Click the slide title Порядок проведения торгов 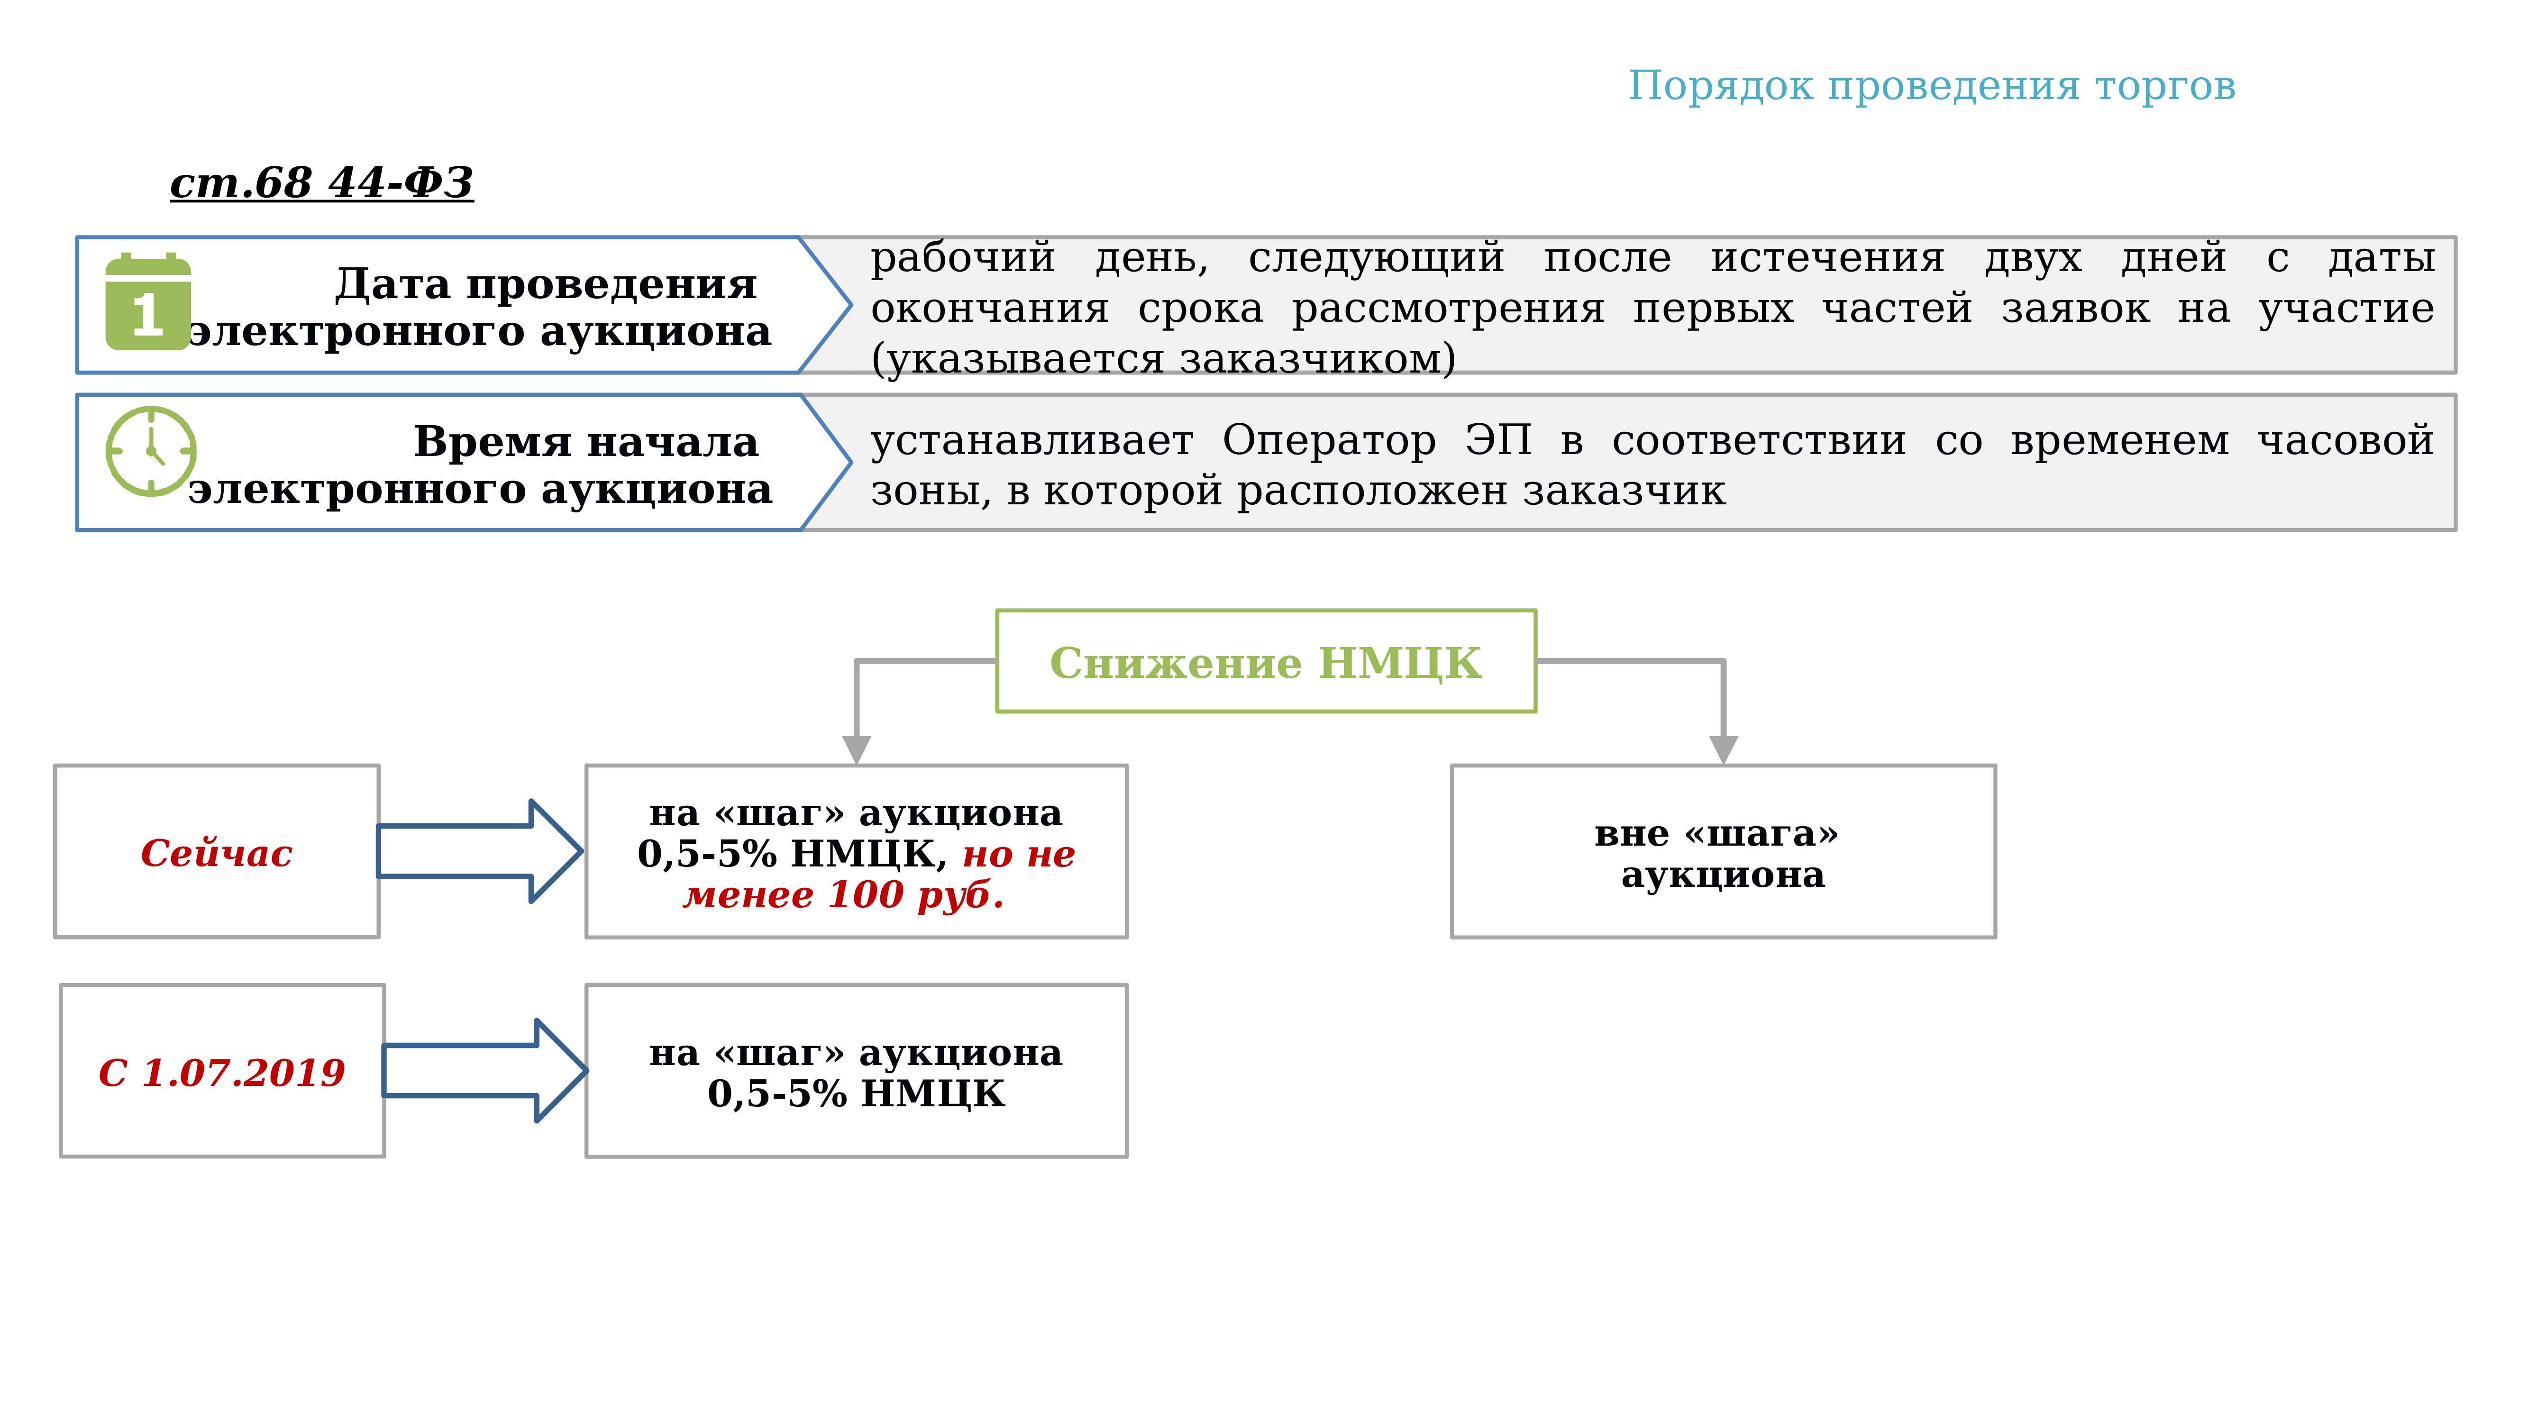[1931, 86]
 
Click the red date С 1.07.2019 [222, 1073]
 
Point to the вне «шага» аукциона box [1723, 852]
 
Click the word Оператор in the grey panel [1329, 441]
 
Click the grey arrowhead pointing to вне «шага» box [1723, 750]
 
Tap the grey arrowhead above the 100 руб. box [857, 750]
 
